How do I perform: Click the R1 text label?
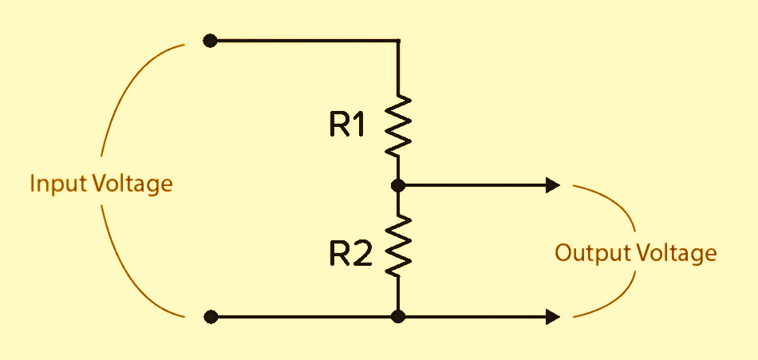347,125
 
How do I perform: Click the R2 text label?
350,253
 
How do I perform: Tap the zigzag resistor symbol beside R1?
398,125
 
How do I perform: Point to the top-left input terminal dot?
210,40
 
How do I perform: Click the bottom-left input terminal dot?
211,317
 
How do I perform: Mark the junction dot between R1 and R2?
398,186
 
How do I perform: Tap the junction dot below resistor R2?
398,317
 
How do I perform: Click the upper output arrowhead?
552,186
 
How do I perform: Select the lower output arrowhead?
552,317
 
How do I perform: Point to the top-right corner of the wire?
398,40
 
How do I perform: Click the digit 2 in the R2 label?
362,253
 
